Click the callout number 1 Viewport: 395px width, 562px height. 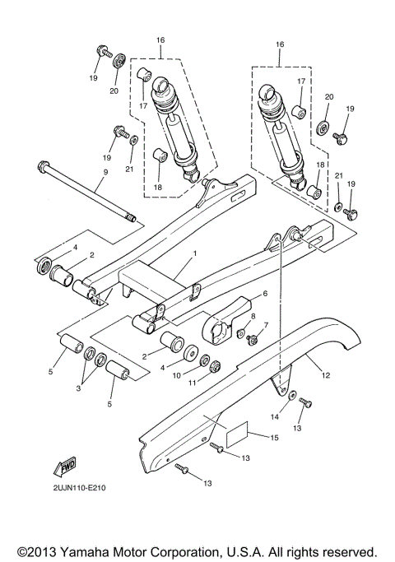click(195, 256)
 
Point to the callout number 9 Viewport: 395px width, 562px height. click(105, 173)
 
